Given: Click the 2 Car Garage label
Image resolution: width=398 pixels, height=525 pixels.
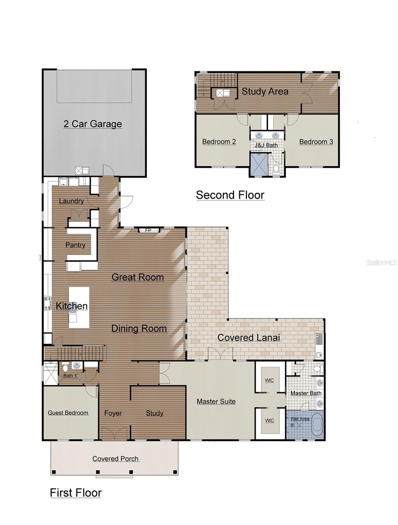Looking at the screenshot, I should click(x=93, y=124).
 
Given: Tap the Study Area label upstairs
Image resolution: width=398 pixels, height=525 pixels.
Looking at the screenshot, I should click(x=265, y=91).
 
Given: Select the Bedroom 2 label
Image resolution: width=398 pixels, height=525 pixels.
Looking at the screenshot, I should click(x=219, y=142).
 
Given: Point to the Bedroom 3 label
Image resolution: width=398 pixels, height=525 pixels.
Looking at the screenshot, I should click(x=316, y=142).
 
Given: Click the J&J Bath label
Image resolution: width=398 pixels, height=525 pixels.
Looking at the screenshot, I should click(x=266, y=145).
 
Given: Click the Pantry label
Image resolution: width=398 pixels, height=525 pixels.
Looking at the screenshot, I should click(x=75, y=245).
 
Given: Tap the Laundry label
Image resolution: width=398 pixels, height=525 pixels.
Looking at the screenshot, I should click(x=71, y=201).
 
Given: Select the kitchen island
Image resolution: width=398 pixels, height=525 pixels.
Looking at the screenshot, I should click(x=79, y=307).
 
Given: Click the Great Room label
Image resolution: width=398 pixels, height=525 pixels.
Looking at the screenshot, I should click(x=138, y=277).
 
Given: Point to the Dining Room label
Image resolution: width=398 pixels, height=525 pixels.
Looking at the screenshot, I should click(x=139, y=329).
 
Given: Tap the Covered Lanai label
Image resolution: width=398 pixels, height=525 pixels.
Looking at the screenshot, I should click(x=249, y=338).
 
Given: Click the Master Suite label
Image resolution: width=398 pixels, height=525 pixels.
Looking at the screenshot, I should click(x=216, y=401).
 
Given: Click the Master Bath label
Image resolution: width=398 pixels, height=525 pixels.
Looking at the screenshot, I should click(x=306, y=393).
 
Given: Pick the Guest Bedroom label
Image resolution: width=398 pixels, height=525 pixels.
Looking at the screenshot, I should click(x=68, y=413).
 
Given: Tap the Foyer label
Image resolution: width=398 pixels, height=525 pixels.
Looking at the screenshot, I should click(x=113, y=413).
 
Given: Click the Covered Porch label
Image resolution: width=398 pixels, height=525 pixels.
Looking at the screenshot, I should click(x=115, y=458).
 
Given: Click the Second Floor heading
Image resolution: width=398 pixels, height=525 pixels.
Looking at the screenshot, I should click(x=230, y=195).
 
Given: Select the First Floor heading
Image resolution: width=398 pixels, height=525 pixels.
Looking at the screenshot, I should click(x=76, y=493).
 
